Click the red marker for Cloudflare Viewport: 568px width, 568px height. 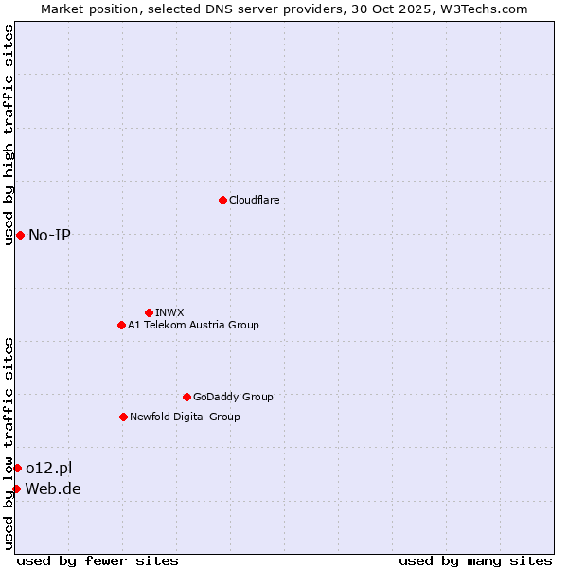[x=222, y=200]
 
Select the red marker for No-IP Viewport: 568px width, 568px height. [x=20, y=235]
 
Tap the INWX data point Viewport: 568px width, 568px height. [x=149, y=312]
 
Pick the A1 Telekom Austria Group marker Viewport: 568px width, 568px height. [x=121, y=325]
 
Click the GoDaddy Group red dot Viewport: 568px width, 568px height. [x=186, y=397]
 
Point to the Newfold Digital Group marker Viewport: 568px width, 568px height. [x=123, y=417]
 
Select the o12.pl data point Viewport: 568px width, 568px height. [x=17, y=468]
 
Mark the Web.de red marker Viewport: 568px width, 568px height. [x=16, y=488]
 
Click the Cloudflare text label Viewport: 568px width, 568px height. [x=254, y=200]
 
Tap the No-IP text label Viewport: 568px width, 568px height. [x=49, y=235]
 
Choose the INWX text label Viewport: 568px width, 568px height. [x=169, y=312]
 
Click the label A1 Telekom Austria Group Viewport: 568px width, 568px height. [x=193, y=325]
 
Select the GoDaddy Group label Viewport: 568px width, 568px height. [x=233, y=397]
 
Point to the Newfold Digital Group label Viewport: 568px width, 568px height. [x=185, y=417]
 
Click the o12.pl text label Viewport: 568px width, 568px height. [x=48, y=468]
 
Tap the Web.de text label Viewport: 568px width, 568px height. [x=53, y=488]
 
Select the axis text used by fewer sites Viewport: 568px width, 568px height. [x=98, y=560]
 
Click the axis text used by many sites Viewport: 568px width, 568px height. [x=475, y=560]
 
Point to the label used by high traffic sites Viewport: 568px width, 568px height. [x=9, y=134]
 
